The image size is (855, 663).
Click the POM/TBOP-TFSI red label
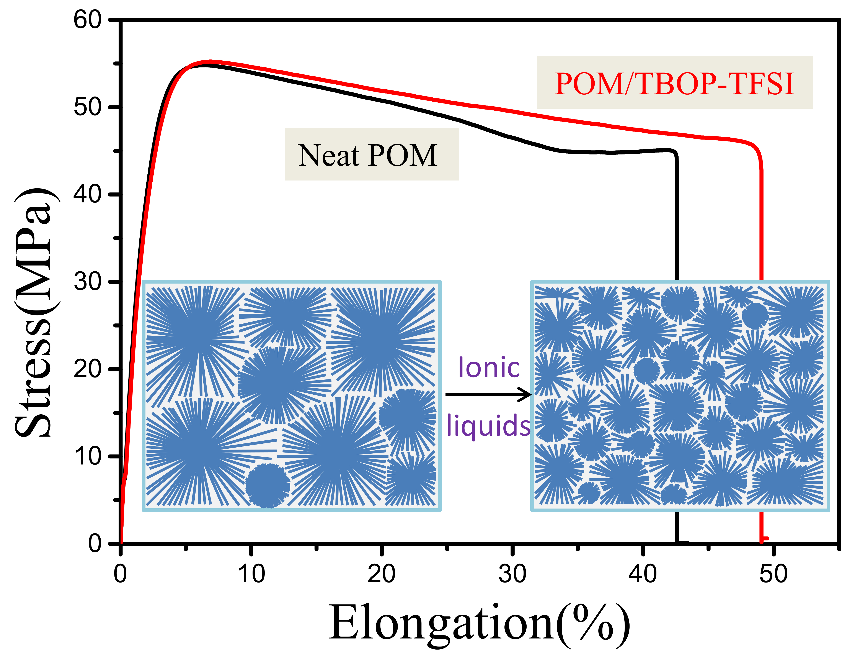674,84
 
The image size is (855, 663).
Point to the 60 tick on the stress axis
88,20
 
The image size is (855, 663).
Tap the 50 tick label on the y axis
88,107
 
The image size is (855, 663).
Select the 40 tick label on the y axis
88,194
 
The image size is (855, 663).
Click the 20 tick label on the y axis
88,369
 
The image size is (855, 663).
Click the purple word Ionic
489,368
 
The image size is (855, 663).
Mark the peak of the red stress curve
210,62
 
